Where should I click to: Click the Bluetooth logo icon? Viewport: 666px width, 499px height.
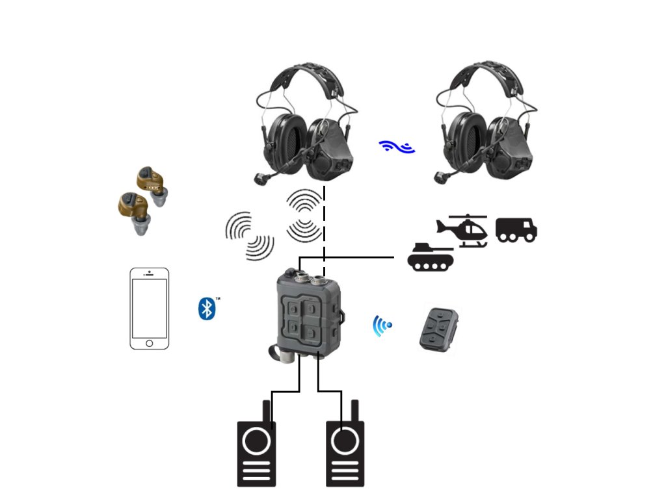[206, 308]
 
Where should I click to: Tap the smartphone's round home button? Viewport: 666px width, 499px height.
[149, 342]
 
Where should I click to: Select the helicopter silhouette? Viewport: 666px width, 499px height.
[462, 230]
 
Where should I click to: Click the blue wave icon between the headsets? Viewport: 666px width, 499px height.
[397, 147]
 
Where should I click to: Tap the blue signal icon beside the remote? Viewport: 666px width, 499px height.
[382, 326]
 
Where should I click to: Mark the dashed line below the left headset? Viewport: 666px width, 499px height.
[324, 221]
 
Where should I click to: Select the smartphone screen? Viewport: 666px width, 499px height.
[149, 305]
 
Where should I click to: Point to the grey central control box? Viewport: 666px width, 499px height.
[308, 312]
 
